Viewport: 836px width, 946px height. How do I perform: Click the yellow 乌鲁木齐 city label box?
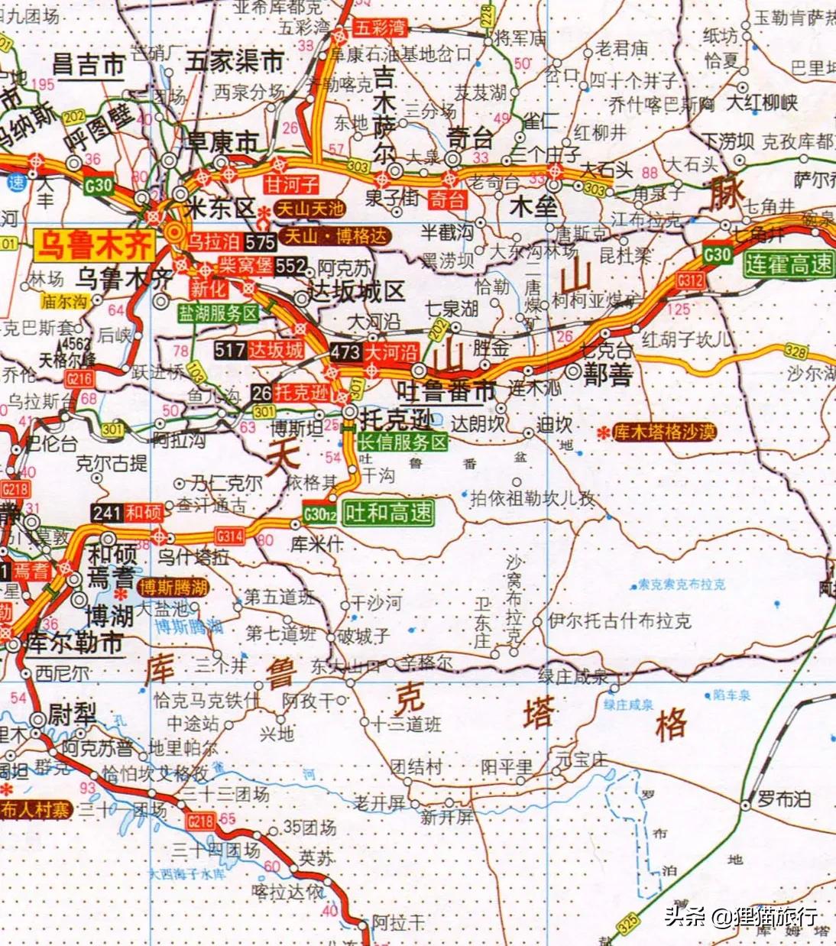coord(94,247)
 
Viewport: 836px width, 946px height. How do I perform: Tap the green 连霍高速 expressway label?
coord(789,264)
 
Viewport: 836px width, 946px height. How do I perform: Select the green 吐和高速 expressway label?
coord(388,513)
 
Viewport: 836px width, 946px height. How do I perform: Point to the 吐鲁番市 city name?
coord(447,391)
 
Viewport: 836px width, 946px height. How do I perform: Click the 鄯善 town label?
coord(608,374)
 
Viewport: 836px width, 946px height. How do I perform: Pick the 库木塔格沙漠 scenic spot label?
coord(665,433)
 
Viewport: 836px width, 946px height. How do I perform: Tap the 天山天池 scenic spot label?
coord(310,209)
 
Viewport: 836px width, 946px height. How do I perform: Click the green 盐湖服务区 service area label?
coord(219,313)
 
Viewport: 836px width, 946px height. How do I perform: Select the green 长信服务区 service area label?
coord(402,442)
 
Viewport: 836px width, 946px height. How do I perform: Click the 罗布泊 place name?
coord(783,800)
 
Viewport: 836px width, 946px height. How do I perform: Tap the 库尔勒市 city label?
coord(74,643)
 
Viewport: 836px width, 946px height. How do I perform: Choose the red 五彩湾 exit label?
coord(378,28)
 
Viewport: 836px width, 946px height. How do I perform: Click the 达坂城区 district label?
coord(355,291)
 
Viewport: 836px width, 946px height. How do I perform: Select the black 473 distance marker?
coord(345,352)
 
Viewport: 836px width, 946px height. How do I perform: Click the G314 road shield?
coord(229,536)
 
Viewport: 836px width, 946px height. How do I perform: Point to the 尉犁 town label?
coord(72,715)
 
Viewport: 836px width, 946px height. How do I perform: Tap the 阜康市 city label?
coord(222,142)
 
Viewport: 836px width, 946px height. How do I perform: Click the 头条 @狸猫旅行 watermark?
coord(740,915)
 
